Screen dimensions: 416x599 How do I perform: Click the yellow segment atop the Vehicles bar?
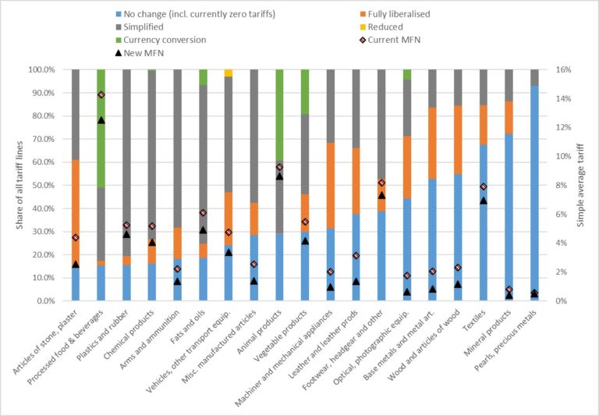(x=229, y=73)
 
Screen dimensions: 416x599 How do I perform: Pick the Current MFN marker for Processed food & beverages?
(x=101, y=94)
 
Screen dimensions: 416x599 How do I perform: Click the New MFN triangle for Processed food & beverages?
(x=101, y=120)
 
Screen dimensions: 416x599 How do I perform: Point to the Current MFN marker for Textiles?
(x=484, y=187)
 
